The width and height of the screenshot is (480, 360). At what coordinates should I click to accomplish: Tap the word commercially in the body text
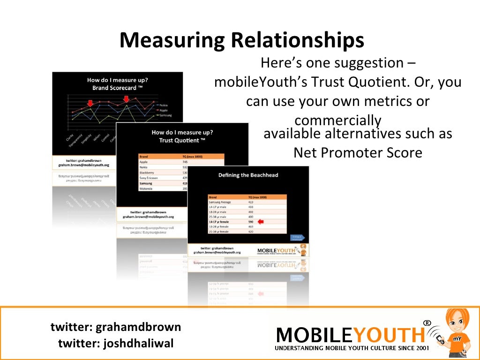pyautogui.click(x=337, y=120)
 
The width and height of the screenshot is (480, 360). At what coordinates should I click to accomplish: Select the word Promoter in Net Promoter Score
pyautogui.click(x=360, y=152)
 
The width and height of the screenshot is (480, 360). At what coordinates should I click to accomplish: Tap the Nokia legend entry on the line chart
pyautogui.click(x=163, y=105)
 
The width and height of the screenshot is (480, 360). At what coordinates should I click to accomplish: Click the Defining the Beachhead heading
pyautogui.click(x=248, y=175)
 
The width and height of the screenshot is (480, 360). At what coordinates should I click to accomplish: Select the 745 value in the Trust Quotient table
pyautogui.click(x=185, y=162)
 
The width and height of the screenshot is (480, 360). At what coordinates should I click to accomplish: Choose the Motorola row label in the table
pyautogui.click(x=146, y=188)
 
